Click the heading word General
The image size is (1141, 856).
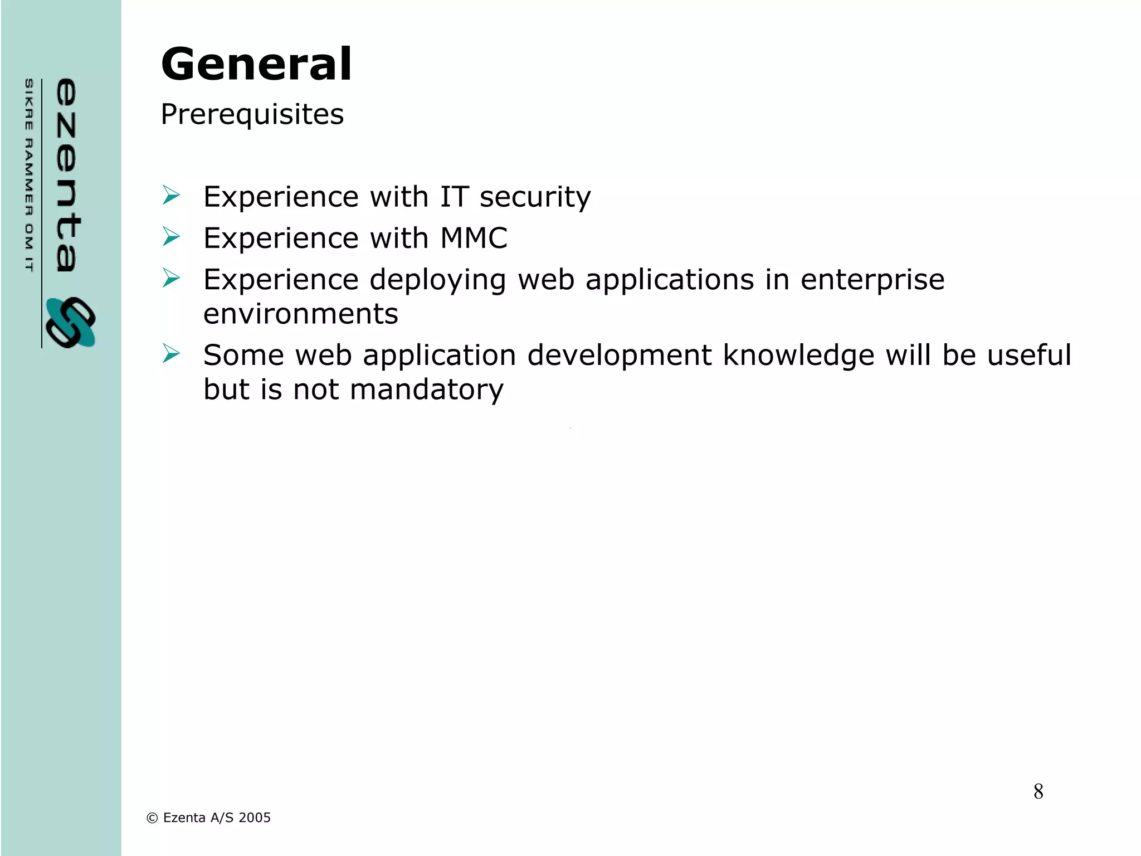point(256,64)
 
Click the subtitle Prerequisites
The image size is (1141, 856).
point(252,114)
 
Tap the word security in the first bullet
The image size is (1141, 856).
point(535,197)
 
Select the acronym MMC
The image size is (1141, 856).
point(474,238)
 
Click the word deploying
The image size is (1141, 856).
point(437,280)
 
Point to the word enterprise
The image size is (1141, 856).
point(872,280)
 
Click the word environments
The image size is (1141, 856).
point(301,314)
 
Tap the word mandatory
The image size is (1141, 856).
point(426,389)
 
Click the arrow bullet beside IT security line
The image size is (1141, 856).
point(171,196)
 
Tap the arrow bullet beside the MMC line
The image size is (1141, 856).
point(171,237)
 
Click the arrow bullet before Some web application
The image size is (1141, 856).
point(171,354)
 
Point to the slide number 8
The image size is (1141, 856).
point(1038,791)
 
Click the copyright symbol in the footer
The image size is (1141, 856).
point(152,818)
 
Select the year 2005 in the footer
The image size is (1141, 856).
point(255,818)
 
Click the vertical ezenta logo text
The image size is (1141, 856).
point(67,175)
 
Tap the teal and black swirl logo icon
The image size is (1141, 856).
point(70,323)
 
